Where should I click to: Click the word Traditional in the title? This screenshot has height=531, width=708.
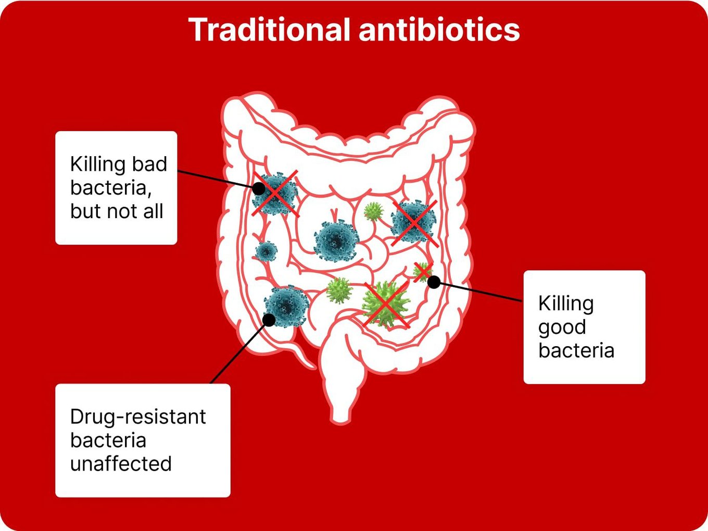[269, 29]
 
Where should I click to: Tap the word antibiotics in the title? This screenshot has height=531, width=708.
[439, 29]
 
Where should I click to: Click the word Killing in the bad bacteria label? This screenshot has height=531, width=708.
[94, 164]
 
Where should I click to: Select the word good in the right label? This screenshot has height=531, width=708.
[562, 328]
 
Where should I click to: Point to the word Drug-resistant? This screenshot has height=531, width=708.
[138, 417]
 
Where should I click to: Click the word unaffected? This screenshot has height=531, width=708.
[121, 464]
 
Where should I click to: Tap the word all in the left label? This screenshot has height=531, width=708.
[153, 211]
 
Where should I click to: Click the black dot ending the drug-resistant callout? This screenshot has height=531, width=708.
[269, 320]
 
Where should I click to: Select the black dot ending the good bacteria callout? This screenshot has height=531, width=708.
[434, 282]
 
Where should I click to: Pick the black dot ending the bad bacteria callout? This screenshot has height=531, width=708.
[258, 188]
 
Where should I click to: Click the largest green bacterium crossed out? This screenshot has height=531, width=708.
[386, 304]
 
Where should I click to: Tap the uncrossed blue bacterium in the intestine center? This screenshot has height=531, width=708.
[336, 241]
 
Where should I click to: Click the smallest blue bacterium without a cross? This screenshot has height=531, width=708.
[266, 250]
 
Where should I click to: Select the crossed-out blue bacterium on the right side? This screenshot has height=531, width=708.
[413, 221]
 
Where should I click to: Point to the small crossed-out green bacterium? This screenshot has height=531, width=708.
[422, 272]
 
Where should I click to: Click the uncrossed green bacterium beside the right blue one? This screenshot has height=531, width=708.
[373, 211]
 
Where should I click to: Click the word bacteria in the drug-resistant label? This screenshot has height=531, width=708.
[108, 440]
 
